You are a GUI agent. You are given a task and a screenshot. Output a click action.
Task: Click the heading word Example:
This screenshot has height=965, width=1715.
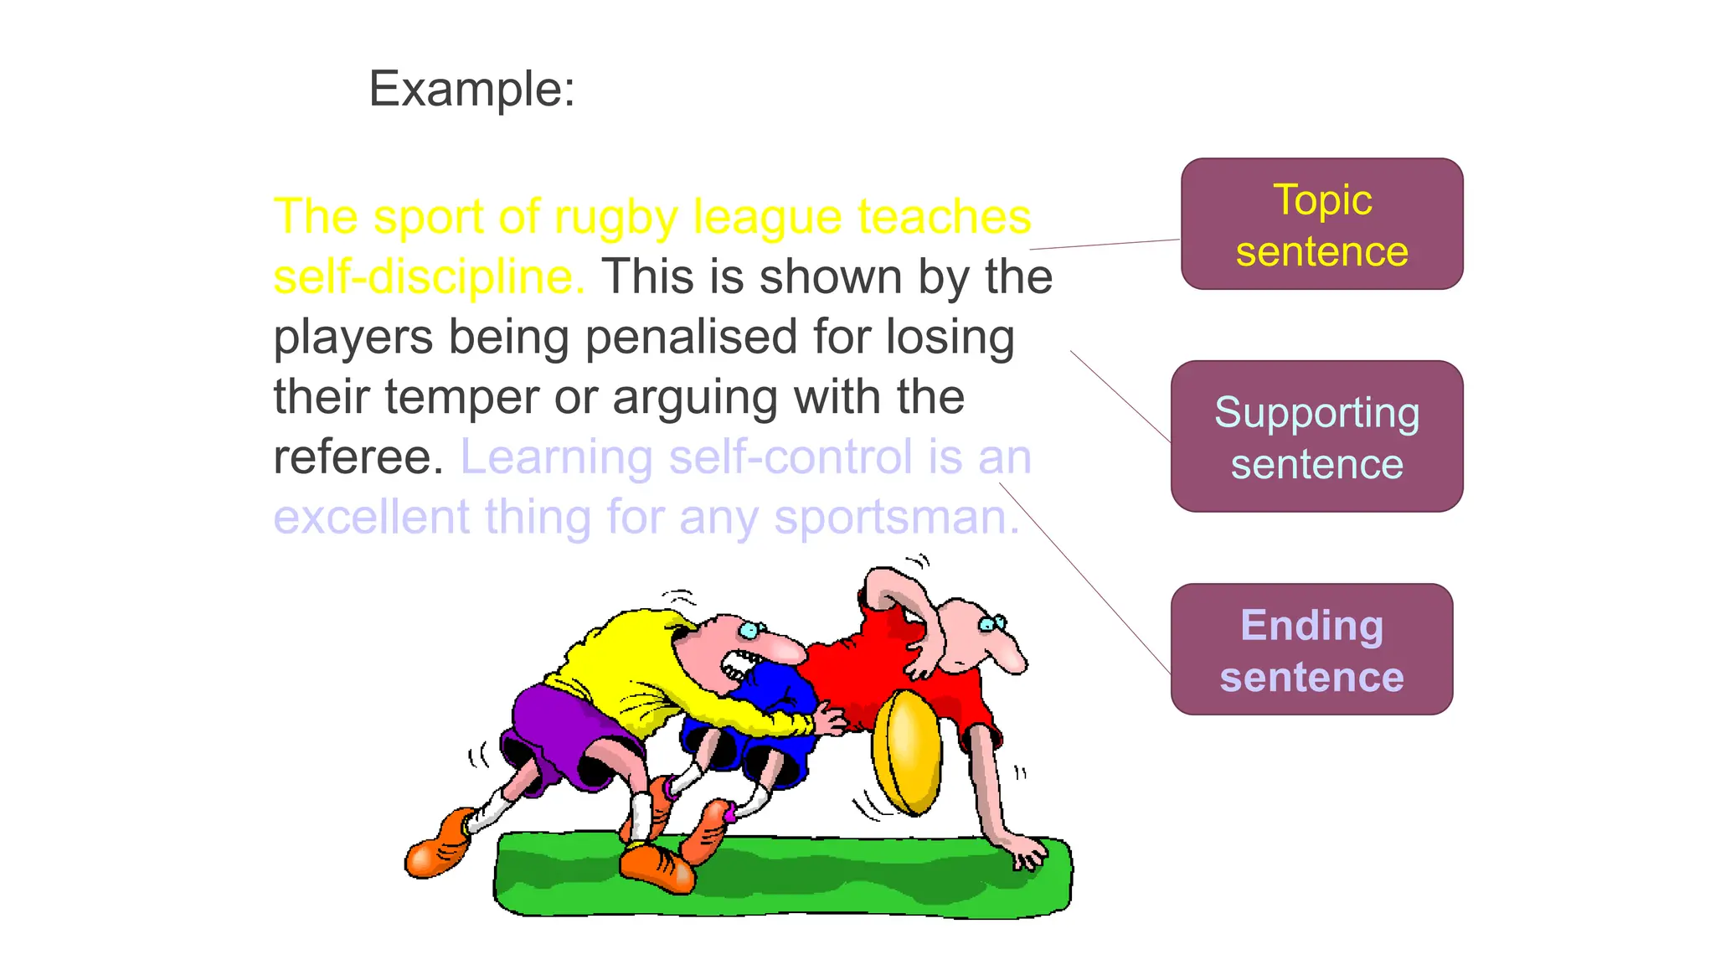click(x=471, y=89)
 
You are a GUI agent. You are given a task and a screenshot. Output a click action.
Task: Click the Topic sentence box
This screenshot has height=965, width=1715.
click(x=1321, y=224)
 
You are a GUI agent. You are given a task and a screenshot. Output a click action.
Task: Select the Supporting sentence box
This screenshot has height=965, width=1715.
click(x=1316, y=436)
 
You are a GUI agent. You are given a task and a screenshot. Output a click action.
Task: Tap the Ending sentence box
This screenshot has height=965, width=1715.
click(x=1311, y=649)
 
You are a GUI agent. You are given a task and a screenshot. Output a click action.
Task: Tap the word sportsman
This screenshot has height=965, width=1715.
click(x=896, y=518)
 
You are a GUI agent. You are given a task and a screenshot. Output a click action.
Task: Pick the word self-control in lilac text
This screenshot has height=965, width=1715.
click(x=791, y=457)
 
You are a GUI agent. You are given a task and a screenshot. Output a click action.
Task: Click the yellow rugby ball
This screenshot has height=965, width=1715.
click(x=906, y=751)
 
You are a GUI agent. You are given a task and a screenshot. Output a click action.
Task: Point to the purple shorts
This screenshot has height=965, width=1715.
click(x=561, y=728)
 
